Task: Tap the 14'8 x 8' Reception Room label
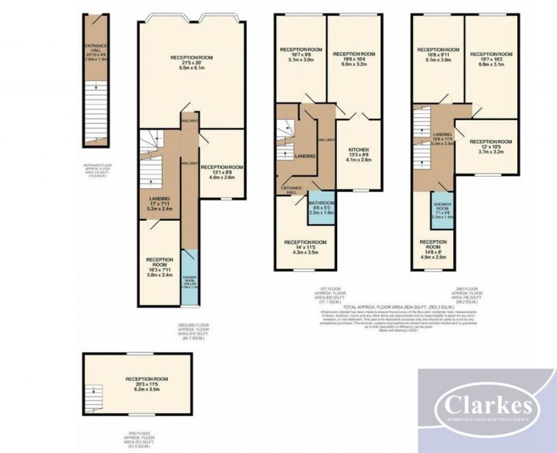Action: pos(434,250)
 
